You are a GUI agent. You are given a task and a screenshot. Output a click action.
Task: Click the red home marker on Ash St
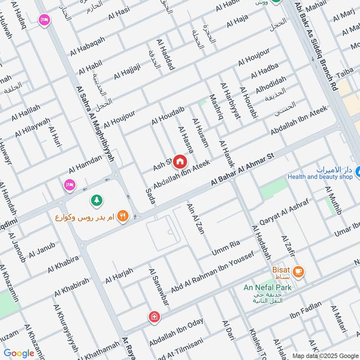180,161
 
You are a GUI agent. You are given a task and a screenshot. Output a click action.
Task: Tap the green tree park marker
96,199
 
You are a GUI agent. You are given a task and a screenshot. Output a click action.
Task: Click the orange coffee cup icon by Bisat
298,271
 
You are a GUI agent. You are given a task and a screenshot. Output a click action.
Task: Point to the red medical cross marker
154,317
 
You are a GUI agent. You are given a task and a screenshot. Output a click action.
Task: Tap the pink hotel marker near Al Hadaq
44,20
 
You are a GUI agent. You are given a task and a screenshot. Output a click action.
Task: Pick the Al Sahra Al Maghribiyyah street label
95,124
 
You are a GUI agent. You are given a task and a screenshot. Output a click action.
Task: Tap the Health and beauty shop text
320,177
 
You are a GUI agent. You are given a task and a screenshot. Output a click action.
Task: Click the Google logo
19,353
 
